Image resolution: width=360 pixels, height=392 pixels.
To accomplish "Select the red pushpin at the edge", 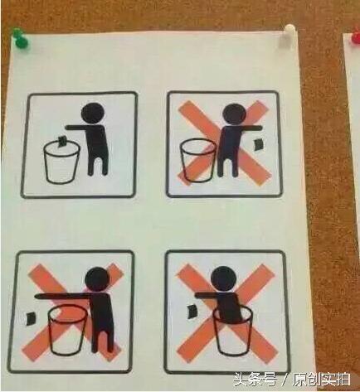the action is click(x=355, y=35).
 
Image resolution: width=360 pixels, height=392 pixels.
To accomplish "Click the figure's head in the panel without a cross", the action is click(x=93, y=114).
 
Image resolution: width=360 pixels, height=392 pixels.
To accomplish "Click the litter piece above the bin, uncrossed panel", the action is click(x=61, y=141).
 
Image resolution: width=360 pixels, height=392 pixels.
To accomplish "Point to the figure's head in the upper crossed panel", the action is click(x=235, y=114).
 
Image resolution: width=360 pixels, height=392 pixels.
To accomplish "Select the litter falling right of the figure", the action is click(x=258, y=144).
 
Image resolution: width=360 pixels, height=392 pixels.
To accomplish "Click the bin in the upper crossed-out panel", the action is click(x=198, y=160).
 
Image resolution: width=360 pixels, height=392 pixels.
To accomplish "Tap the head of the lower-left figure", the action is click(x=96, y=279).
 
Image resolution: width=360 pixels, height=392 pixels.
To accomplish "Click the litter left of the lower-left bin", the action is click(x=32, y=318).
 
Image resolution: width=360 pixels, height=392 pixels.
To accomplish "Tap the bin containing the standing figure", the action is click(x=233, y=331).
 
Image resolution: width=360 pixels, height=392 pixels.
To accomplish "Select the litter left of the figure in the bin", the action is click(x=192, y=311).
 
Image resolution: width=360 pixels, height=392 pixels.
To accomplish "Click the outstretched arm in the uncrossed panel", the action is click(x=76, y=128).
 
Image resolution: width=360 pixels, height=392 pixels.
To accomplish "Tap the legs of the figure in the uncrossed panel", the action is click(x=98, y=163).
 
